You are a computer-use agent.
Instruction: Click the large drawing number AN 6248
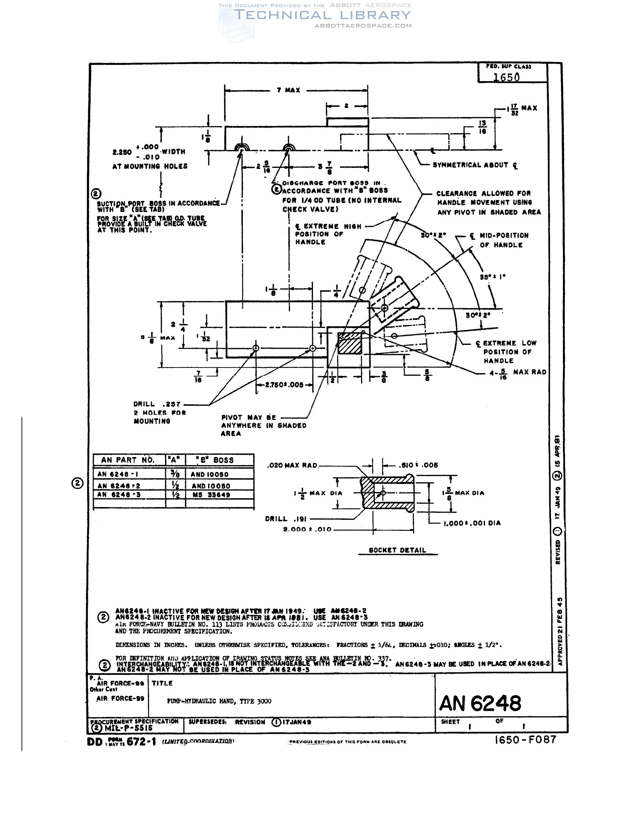click(480, 704)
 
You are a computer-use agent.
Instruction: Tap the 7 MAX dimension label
click(288, 90)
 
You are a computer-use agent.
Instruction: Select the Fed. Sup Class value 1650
click(506, 77)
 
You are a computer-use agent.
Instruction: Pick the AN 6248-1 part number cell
click(118, 474)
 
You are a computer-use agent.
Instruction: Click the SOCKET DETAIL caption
click(397, 550)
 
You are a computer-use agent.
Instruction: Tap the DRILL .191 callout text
click(285, 519)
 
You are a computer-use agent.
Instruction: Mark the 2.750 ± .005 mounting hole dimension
click(284, 384)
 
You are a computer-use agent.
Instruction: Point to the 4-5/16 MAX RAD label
click(518, 373)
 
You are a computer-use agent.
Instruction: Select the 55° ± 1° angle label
click(492, 277)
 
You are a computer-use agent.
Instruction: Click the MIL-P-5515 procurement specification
click(128, 728)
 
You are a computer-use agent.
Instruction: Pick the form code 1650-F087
click(526, 739)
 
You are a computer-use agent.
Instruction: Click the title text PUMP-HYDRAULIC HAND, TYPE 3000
click(219, 701)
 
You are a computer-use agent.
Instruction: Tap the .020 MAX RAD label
click(292, 465)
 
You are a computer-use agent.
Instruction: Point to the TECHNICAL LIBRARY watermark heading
click(322, 15)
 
